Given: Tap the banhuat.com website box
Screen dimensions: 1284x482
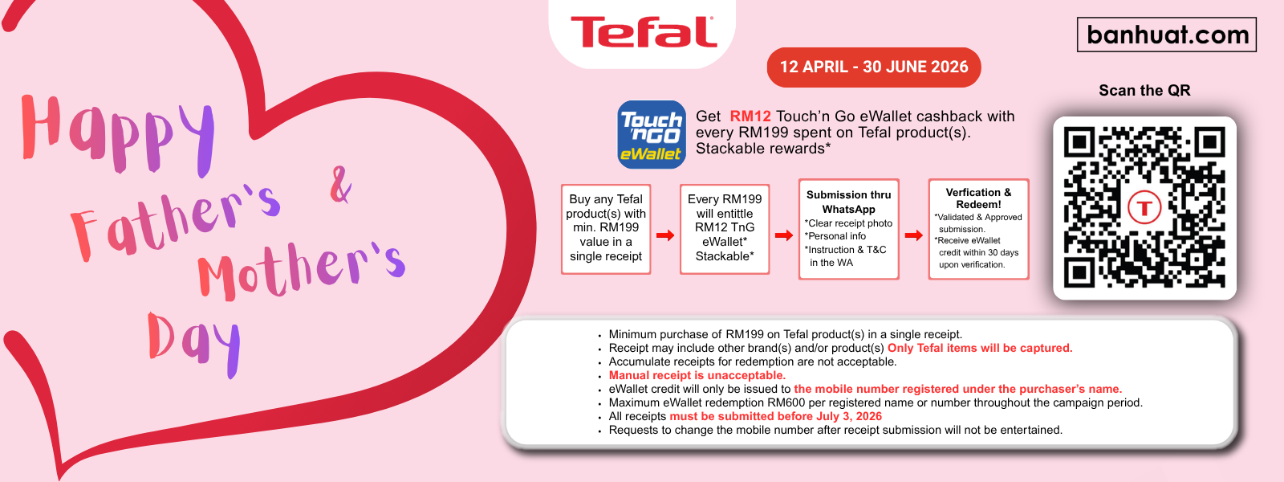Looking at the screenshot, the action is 1167,35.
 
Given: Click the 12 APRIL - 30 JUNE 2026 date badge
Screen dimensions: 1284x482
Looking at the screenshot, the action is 874,67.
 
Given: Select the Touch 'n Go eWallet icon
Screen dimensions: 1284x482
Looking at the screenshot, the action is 651,135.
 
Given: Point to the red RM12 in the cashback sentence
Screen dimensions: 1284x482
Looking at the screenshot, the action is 750,116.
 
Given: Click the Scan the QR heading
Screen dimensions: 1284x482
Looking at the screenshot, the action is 1144,90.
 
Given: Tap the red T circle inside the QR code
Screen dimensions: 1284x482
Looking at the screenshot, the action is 1144,207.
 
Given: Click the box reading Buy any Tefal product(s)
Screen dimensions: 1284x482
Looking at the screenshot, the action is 606,229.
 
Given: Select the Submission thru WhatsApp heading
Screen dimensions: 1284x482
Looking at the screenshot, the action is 848,202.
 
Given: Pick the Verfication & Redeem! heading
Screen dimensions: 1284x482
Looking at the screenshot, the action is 978,198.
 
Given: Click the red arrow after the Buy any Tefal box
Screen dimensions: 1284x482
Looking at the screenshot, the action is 665,235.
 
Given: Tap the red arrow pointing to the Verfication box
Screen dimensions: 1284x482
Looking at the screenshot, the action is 914,235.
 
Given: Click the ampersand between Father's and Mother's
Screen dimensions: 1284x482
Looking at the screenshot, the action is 340,184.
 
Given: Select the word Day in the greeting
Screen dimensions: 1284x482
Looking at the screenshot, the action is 193,345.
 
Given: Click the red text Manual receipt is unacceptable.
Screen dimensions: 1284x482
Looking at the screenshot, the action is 697,375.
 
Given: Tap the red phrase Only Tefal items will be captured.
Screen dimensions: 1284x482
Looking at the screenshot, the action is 980,348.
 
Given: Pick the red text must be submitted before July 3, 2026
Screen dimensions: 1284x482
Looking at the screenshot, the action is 775,417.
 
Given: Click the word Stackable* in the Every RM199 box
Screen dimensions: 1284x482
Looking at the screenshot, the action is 725,256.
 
